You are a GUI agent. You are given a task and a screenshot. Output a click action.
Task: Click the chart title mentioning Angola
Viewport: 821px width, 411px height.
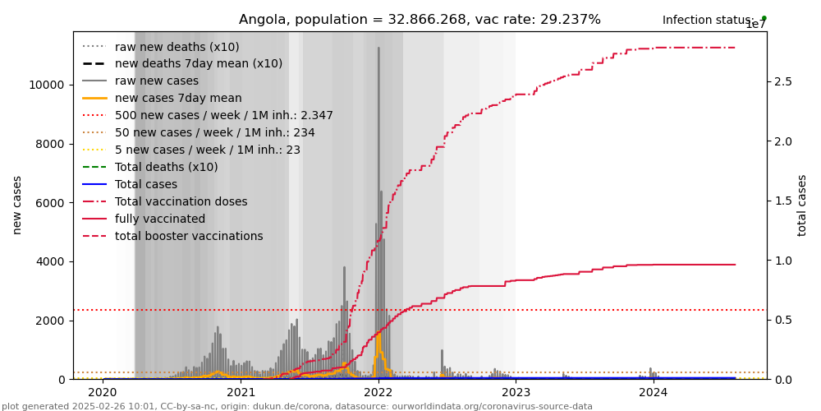click(420, 20)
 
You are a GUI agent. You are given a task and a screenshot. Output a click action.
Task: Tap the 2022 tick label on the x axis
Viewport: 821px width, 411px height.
click(378, 392)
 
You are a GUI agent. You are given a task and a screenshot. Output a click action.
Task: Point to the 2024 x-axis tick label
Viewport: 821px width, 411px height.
click(654, 392)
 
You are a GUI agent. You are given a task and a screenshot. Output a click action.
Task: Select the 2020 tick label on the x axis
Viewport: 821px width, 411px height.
click(103, 392)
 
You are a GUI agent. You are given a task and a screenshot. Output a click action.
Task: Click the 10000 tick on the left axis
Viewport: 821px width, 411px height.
click(47, 85)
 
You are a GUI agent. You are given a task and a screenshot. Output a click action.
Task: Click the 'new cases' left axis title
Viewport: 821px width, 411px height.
click(16, 205)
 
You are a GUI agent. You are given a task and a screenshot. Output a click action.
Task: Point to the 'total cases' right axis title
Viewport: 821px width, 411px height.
click(802, 205)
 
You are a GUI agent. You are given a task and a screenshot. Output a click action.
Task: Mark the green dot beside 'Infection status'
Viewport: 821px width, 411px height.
click(764, 18)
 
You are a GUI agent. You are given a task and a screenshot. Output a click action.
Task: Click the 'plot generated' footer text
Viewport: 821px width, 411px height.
click(296, 406)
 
